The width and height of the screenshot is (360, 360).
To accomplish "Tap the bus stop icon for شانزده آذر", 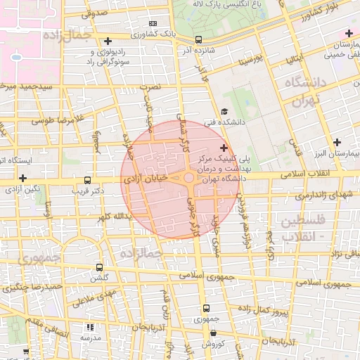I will [x=198, y=40].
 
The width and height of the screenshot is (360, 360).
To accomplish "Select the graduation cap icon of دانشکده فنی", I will [x=224, y=111].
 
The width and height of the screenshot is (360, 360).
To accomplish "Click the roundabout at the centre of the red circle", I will [x=189, y=178].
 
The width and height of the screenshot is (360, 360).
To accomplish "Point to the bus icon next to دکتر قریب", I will [x=87, y=180].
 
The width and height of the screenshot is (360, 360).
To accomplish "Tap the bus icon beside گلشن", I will [x=98, y=267].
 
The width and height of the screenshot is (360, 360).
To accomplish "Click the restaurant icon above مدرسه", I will [x=89, y=327].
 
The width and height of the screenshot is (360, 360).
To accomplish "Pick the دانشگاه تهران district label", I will [x=302, y=91].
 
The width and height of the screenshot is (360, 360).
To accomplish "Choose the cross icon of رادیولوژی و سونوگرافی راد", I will [x=107, y=41].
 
